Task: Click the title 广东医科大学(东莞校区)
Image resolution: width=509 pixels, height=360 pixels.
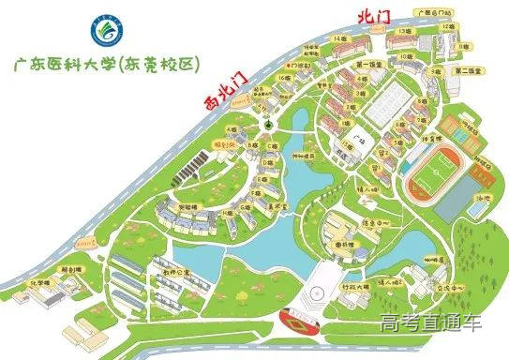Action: click(116, 64)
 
